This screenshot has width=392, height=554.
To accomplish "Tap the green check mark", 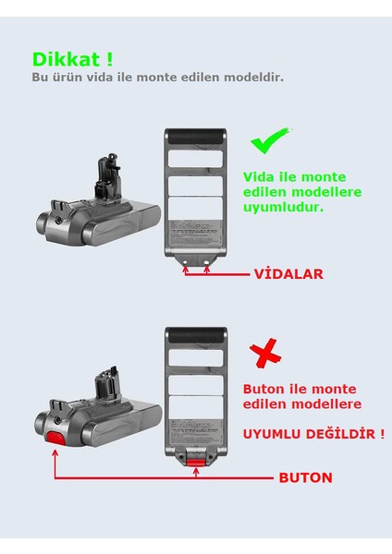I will tap(269, 141).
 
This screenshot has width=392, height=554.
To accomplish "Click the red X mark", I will tap(265, 354).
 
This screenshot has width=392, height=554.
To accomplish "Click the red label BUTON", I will tap(305, 478).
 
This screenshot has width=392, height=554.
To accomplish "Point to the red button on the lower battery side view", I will tap(55, 436).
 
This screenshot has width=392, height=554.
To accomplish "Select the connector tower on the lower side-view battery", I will tap(104, 383).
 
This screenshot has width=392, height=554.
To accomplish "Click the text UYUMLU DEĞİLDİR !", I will tap(313, 432).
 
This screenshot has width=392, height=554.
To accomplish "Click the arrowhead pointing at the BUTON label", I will tap(270, 478).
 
